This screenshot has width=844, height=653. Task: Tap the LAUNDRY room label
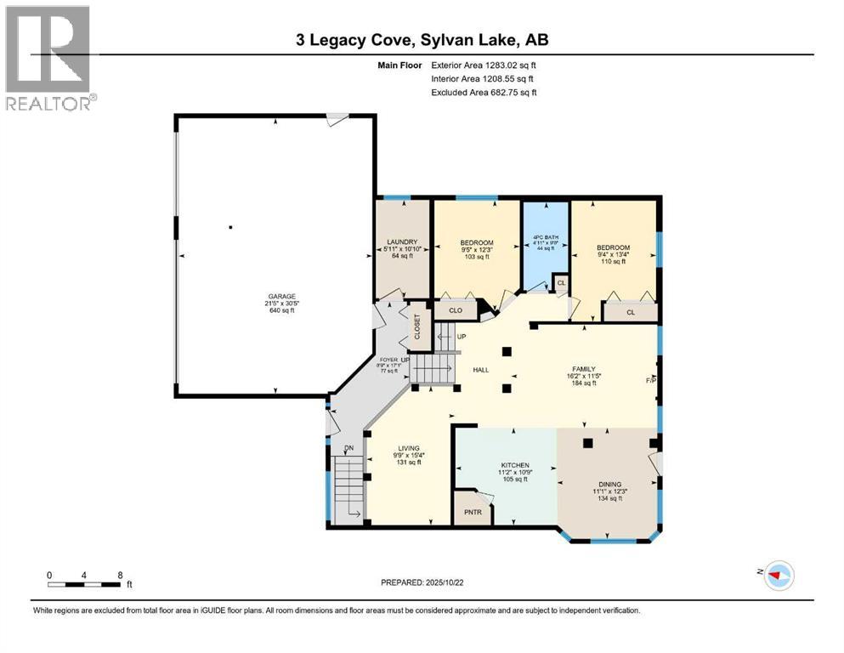pos(403,242)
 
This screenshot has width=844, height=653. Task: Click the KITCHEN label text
pos(514,465)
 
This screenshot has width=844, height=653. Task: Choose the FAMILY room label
pos(583,369)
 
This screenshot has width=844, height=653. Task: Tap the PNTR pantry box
pos(472,513)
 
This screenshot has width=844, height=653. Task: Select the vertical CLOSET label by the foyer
pos(417,327)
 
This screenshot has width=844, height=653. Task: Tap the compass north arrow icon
pos(779,576)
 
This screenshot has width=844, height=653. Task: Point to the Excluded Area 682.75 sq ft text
pos(484,92)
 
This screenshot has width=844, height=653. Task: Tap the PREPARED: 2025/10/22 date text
pos(422,582)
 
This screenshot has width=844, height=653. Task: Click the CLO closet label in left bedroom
pos(456,311)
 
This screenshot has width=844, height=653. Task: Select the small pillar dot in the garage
pos(230,227)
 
